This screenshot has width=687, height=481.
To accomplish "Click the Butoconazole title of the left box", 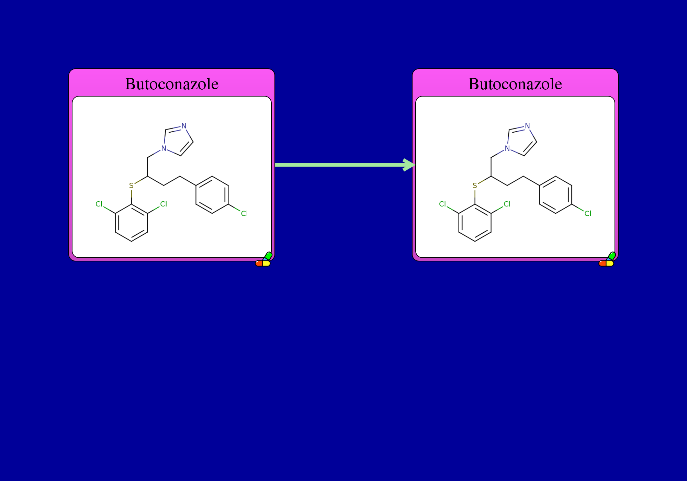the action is [x=172, y=84].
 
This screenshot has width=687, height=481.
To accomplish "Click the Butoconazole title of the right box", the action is [x=515, y=84].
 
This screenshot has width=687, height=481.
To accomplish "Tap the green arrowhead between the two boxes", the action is [x=409, y=165].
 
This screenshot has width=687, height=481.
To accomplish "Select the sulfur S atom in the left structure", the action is [x=131, y=186].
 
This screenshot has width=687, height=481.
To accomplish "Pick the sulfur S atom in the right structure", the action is [x=475, y=186].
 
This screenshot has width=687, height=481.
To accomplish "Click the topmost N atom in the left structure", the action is [x=184, y=126].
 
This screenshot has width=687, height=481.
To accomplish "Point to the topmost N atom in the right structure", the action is [x=527, y=126].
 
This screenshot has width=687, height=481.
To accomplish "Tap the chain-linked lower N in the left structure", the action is [x=164, y=148].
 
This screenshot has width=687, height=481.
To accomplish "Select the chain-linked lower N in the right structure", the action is [x=507, y=148].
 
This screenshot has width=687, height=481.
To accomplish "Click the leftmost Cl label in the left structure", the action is [x=99, y=204].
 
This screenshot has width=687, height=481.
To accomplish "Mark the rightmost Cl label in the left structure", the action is [x=244, y=214].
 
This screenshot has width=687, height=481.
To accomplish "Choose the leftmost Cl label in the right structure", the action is [x=442, y=204].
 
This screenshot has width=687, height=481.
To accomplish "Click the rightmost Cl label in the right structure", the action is [x=588, y=214].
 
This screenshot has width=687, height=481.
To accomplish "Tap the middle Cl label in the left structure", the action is [x=164, y=204].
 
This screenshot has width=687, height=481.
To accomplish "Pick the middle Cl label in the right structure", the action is [x=507, y=204].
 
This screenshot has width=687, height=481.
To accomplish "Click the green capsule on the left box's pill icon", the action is [x=268, y=256].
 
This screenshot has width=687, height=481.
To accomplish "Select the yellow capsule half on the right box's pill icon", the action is [x=610, y=264].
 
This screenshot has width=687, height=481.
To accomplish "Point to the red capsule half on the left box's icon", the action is [x=259, y=264].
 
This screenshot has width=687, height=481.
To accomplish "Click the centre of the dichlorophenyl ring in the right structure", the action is [x=475, y=223].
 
